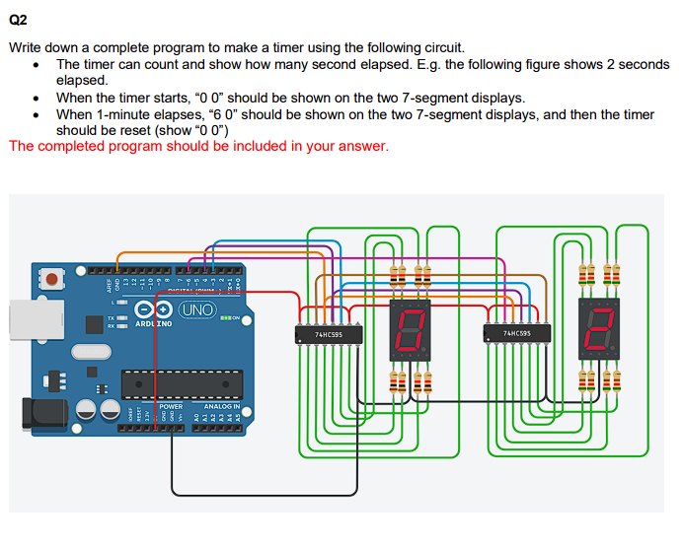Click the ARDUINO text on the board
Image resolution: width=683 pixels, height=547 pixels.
point(152,323)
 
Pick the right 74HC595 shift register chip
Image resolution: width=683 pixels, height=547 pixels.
point(516,334)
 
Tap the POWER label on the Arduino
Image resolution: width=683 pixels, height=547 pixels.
point(171,406)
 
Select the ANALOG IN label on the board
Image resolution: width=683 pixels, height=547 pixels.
point(221,406)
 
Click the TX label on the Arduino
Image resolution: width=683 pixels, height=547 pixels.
point(114,317)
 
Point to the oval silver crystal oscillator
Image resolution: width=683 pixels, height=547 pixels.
point(88,352)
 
